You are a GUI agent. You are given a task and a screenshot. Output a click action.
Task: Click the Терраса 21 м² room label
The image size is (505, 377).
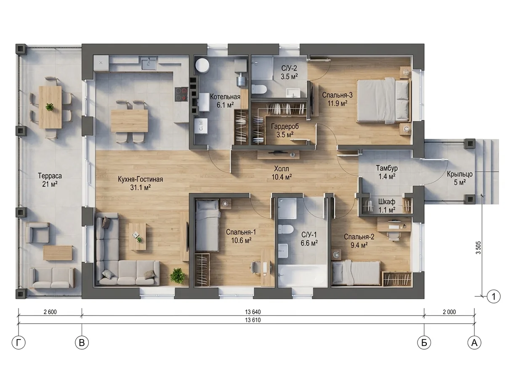click(x=50, y=180)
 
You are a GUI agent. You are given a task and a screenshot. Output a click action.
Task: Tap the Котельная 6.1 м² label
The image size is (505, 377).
click(x=225, y=101)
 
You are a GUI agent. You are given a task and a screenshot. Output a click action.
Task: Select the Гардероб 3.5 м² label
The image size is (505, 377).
click(x=285, y=130)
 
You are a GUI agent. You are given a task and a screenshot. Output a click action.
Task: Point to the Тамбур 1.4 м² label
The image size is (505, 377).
click(x=387, y=172)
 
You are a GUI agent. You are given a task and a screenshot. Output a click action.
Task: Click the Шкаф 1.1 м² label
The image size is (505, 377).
click(x=387, y=206)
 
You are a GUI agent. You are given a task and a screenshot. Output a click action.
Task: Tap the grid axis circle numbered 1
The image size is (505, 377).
click(x=494, y=297)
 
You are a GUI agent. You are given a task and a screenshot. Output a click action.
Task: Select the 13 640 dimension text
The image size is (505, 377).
click(x=252, y=312)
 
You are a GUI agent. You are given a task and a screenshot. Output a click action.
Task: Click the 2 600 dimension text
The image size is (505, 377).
click(x=50, y=312)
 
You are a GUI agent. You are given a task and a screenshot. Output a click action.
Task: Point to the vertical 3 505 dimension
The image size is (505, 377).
click(x=478, y=247)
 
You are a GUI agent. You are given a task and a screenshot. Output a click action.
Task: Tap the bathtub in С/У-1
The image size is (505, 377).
click(x=302, y=275)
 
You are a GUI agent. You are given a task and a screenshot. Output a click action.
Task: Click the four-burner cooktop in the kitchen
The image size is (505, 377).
click(x=181, y=94)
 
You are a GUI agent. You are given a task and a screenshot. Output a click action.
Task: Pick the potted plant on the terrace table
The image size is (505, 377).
click(x=50, y=107)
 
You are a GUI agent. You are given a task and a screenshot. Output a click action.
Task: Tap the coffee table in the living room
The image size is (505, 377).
click(x=137, y=237)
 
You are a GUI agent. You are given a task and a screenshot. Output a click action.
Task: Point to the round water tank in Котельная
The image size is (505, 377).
click(x=202, y=65)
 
